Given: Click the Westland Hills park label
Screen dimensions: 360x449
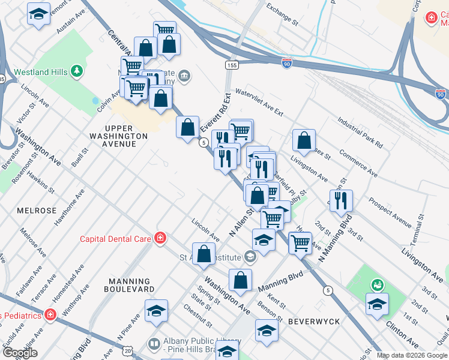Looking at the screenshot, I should (x=34, y=73).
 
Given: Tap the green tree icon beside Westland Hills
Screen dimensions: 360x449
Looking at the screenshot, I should (x=76, y=72).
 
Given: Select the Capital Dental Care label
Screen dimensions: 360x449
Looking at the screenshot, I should (x=116, y=239).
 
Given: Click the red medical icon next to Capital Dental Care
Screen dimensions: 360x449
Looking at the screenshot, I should (x=160, y=239).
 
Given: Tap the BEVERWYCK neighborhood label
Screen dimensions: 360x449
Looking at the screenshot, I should (x=314, y=322).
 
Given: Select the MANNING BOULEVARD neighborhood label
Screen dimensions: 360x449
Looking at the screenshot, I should (x=129, y=285).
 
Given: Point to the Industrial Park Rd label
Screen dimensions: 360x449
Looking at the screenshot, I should (x=360, y=133).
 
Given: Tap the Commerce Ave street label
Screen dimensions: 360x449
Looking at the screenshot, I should (x=358, y=163).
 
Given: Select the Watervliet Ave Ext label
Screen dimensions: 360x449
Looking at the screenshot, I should (x=259, y=103).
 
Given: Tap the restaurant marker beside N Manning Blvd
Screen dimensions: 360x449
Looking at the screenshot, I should (x=341, y=200).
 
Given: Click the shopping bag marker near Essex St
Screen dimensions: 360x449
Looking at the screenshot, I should (x=304, y=140).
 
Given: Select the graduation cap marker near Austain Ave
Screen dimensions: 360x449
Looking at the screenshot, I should (x=38, y=14).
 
